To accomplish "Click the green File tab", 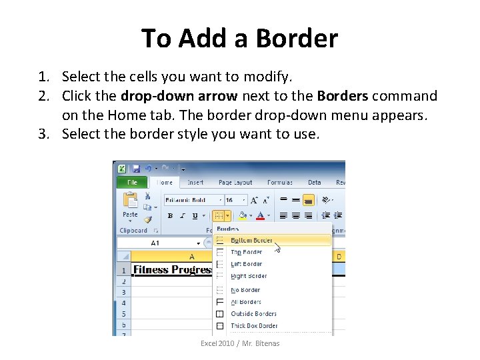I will [131, 182].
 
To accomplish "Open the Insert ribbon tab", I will [195, 182].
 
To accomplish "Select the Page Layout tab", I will [235, 182].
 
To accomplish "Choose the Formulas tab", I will [279, 182].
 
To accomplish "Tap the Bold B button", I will [170, 216].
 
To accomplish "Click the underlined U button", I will [195, 216].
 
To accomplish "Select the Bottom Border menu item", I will [251, 240].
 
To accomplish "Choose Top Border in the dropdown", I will [247, 252].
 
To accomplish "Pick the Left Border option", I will [247, 264].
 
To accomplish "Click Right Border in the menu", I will [249, 276].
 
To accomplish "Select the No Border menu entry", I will [245, 290].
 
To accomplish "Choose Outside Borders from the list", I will [253, 314].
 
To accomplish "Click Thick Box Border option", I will [254, 326].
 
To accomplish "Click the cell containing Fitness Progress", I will [172, 270].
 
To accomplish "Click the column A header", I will [191, 257].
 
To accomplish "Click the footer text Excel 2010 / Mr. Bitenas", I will [240, 343].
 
